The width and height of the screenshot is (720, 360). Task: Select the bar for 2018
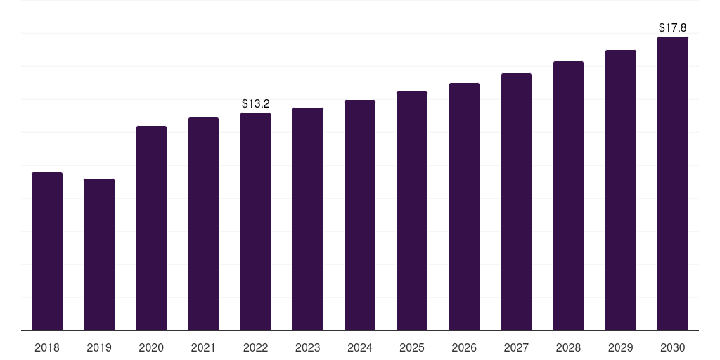47,252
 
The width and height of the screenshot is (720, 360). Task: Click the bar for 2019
99,255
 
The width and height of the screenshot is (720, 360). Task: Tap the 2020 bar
152,229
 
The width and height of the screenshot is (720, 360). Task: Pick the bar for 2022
256,221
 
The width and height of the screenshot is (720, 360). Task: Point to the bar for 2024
360,215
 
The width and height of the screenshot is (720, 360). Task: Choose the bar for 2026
464,207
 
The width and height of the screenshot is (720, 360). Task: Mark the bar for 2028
568,196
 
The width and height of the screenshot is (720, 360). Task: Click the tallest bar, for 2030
673,184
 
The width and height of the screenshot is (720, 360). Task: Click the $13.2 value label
256,104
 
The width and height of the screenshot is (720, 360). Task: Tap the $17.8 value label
673,27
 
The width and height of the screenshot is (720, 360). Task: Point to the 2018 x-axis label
47,347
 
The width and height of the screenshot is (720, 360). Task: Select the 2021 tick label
203,347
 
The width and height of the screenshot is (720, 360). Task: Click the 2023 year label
308,347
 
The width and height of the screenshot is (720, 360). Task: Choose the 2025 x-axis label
412,347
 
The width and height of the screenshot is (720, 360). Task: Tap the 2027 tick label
516,347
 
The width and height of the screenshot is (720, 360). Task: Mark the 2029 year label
620,347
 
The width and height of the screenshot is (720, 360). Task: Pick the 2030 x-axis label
673,347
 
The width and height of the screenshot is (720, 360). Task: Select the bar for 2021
203,224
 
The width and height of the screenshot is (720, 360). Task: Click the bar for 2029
621,191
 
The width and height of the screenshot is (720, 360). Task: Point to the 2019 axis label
99,347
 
